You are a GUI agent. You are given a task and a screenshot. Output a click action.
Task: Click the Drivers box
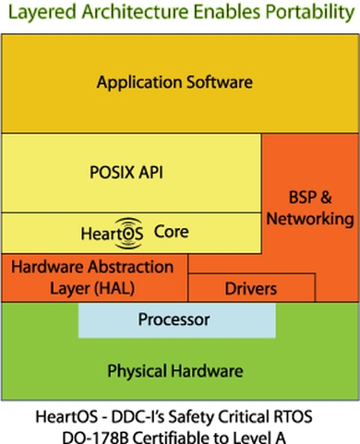251,289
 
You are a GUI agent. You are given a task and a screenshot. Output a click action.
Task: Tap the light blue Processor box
175,320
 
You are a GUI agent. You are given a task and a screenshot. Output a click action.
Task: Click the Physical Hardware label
174,371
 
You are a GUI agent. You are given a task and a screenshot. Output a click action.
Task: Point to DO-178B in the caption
85,432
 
